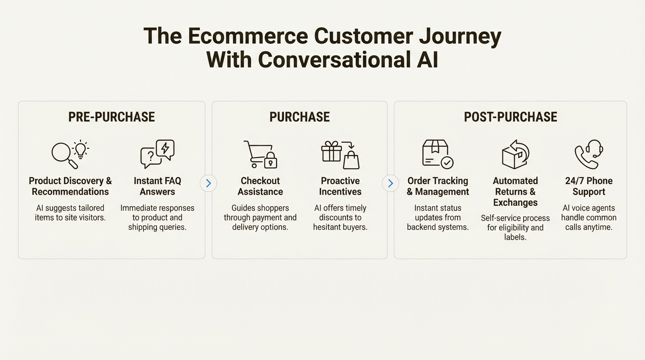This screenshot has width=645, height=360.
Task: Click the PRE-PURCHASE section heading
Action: point(112,117)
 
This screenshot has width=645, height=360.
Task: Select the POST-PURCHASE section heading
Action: point(510,117)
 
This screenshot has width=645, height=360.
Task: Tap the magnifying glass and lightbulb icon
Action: point(70,154)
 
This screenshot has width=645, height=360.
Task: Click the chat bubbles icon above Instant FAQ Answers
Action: point(157,154)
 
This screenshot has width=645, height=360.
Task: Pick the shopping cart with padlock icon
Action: point(260,154)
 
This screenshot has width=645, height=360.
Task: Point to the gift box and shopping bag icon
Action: point(340,154)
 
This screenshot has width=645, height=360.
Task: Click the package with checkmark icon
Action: point(437,154)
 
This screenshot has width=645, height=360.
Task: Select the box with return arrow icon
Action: point(515,154)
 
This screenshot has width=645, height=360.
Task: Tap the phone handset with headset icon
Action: point(588,154)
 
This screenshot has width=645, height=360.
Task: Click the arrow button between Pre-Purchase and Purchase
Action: point(209,183)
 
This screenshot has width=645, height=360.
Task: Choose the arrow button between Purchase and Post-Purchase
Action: point(390,183)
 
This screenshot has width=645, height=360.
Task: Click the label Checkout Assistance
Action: point(260,186)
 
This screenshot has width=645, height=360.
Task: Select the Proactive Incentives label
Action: point(340,186)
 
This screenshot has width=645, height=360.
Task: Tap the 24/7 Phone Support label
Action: point(589,186)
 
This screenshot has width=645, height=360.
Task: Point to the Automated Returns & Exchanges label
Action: point(515,192)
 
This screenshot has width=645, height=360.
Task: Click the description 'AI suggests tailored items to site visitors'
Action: point(70,212)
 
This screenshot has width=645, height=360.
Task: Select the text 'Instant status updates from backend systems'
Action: point(437,217)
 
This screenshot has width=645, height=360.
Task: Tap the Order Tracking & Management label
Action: point(437,186)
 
